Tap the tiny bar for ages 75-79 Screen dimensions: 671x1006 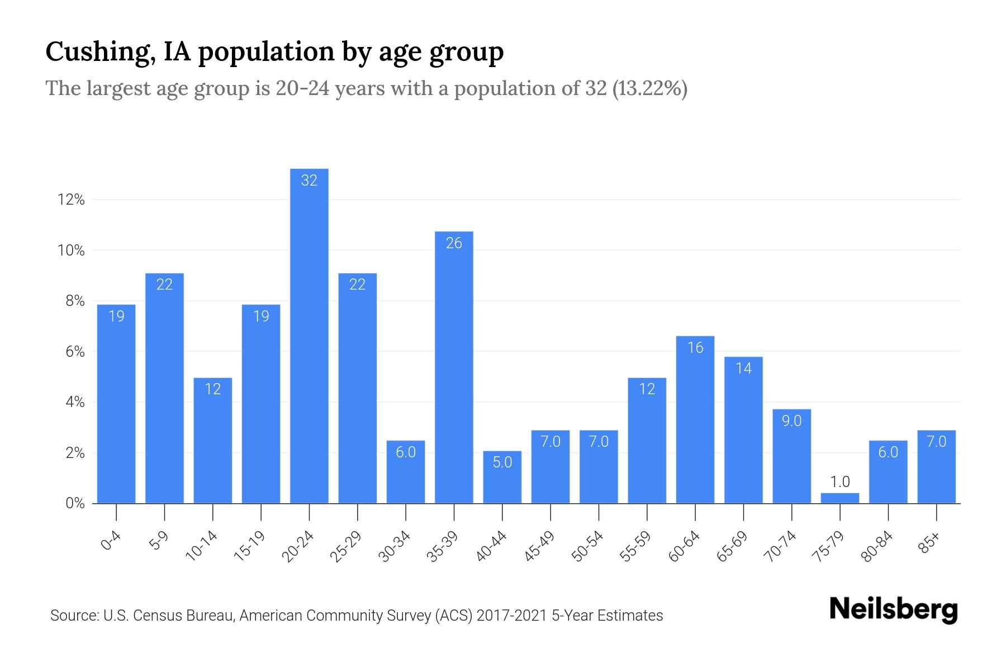pos(839,498)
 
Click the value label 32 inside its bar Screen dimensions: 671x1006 pos(309,181)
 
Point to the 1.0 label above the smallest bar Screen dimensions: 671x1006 pos(839,482)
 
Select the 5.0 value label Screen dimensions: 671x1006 pos(502,462)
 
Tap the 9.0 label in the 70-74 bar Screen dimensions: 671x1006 pos(791,421)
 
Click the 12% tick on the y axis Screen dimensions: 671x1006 pos(71,200)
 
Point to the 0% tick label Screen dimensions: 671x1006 pos(75,503)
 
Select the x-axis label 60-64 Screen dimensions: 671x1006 pos(684,546)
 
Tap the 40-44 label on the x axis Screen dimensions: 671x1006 pos(491,546)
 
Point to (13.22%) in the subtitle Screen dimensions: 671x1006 pos(649,88)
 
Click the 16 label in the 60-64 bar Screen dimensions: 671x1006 pos(695,348)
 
